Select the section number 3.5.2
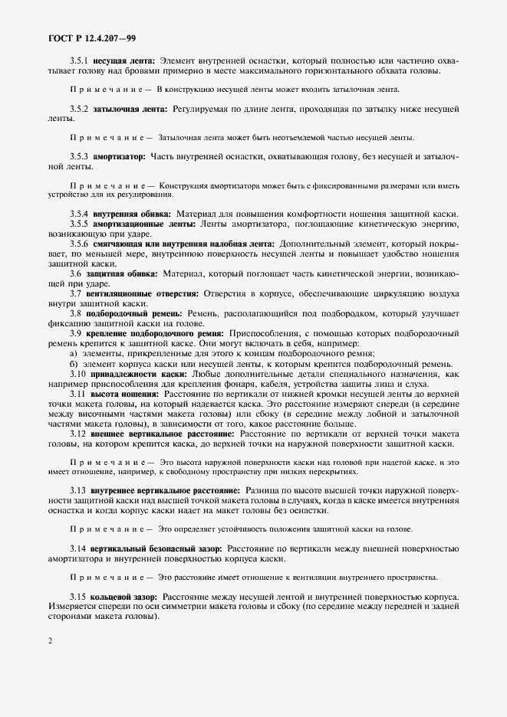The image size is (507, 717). point(79,110)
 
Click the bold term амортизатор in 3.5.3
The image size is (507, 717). point(123,156)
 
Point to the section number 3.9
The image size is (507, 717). point(76,332)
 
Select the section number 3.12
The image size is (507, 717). point(78,433)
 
